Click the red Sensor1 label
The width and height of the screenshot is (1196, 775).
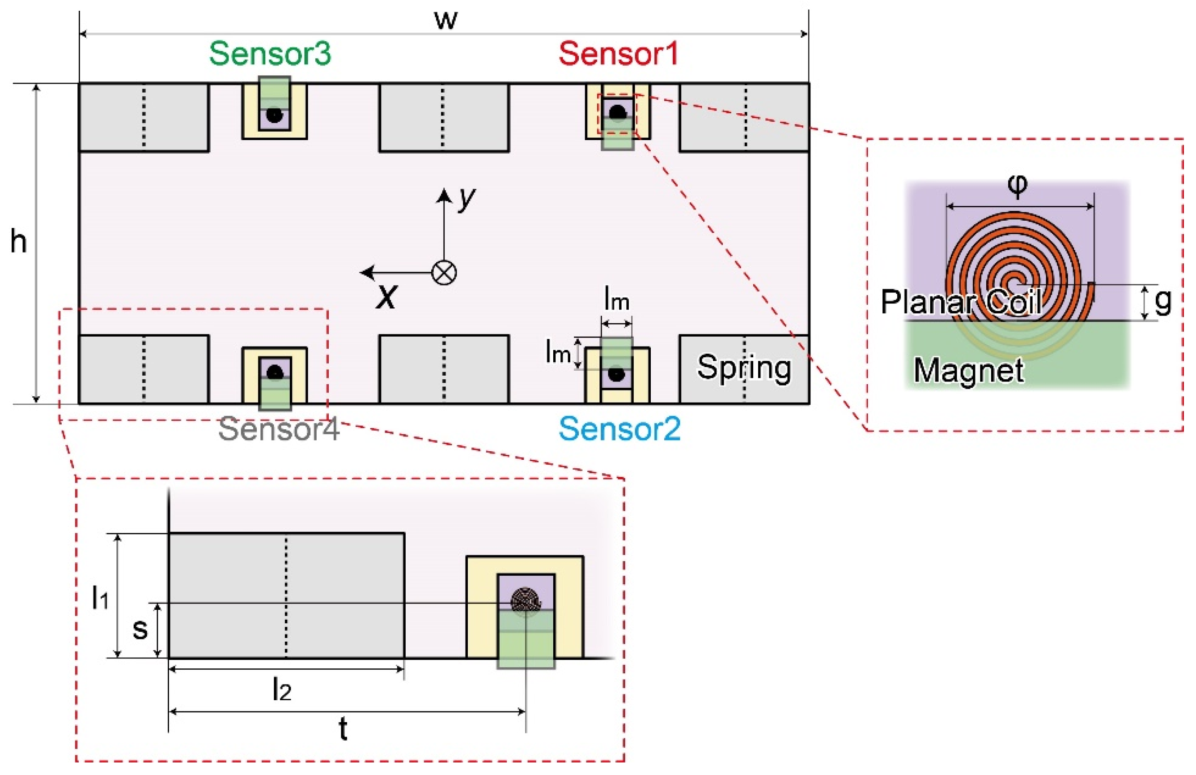618,54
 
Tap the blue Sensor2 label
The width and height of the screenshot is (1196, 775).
619,429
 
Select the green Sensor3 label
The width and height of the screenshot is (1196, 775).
270,54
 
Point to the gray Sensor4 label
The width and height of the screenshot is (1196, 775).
278,429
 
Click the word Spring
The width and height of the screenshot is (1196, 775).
743,368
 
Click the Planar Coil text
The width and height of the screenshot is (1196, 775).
960,302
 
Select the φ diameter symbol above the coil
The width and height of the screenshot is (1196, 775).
1017,186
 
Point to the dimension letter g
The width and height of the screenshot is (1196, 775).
1163,301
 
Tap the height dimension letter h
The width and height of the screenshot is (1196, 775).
19,241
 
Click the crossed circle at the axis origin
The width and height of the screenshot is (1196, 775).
444,273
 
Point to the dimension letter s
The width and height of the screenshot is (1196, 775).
140,629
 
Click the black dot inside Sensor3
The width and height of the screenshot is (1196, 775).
274,115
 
